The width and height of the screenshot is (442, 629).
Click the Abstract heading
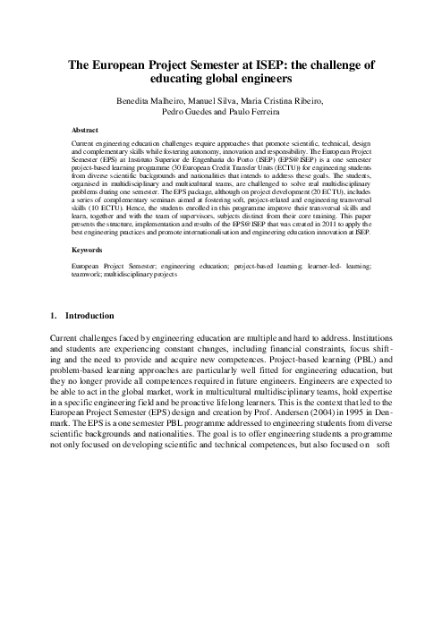coord(86,129)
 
